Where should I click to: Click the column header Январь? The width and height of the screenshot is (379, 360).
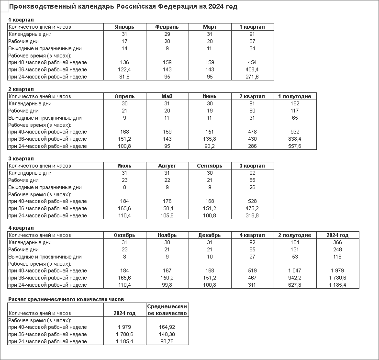pos(124,27)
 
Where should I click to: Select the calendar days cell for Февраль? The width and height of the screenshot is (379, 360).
pos(167,34)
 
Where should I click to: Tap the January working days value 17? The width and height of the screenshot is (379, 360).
pos(124,41)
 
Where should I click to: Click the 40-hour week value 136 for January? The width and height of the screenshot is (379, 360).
pos(124,62)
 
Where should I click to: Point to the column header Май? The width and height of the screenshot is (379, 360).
pos(167,96)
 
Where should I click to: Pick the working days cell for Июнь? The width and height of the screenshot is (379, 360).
pos(210,111)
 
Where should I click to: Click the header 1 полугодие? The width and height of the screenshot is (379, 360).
pos(295,96)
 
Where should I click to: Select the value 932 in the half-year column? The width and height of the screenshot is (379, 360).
pos(295,132)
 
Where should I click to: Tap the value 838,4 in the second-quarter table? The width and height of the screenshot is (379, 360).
pos(295,139)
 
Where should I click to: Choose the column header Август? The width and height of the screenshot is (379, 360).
pos(167,166)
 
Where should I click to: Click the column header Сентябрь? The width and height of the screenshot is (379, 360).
pos(210,166)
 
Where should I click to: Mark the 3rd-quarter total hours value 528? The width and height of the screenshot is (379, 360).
pos(252,201)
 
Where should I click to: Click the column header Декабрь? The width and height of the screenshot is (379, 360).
pos(210,235)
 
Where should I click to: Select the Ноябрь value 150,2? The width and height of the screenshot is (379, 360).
pos(167,278)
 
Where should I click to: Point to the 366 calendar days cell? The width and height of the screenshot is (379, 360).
pos(337,242)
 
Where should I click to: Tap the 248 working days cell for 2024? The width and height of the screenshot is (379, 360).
pos(337,249)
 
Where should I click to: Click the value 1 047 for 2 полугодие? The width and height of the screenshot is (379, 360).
pos(295,270)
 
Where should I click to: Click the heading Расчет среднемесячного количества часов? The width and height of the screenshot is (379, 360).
pos(66,299)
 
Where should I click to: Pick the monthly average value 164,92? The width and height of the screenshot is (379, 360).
pos(167,327)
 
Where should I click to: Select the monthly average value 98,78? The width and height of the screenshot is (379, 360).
pos(167,341)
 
